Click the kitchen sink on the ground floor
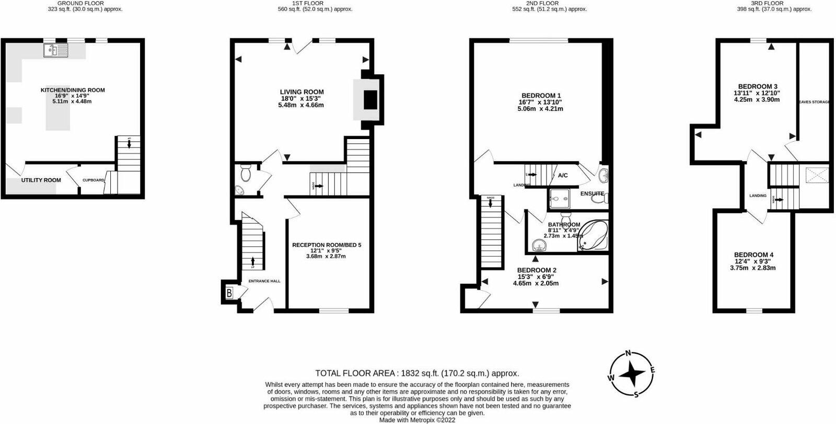coord(56,50)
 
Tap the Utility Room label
coord(41,180)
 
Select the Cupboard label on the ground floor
coord(94,180)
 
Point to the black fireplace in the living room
coord(370,99)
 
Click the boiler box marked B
coord(229,294)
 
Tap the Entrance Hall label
coord(264,281)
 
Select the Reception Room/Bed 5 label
coord(327,245)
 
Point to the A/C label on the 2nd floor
coord(563,176)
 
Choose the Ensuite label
coord(592,193)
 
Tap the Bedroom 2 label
coord(536,270)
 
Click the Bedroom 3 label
coord(758,86)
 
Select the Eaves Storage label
coord(814,102)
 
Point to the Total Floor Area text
coord(417,373)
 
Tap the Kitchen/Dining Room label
coord(73,90)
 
